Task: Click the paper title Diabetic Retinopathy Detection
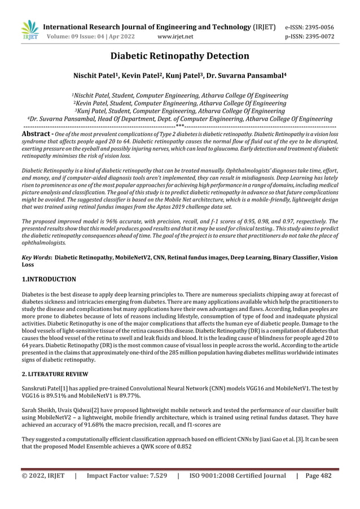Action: tap(179, 56)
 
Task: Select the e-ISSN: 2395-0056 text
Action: tap(318, 27)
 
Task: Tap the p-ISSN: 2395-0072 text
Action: tap(318, 37)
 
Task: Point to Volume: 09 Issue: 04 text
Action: tap(84, 37)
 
